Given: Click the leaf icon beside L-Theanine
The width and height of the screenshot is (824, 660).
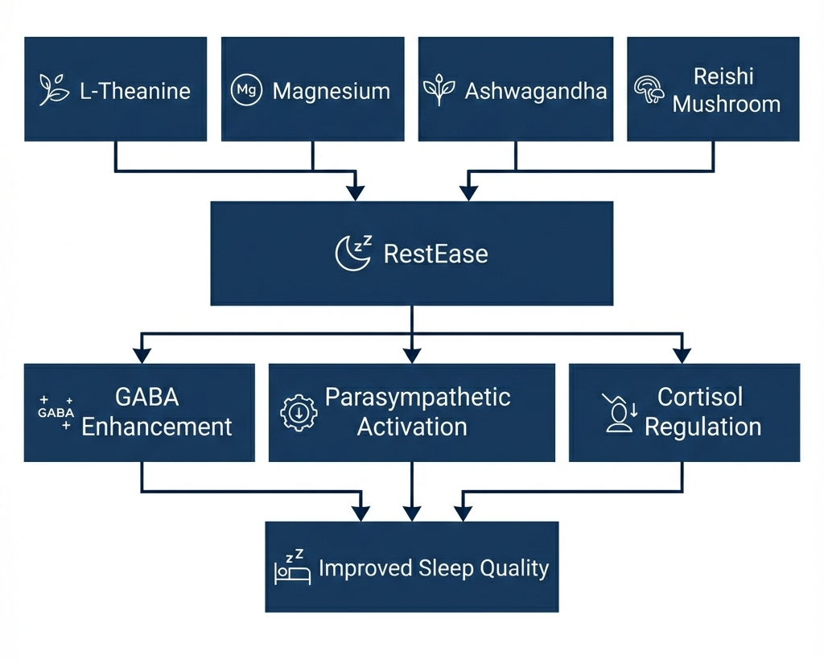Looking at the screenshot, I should click(55, 90).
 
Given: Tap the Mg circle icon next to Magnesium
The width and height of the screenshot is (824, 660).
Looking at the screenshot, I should click(246, 90).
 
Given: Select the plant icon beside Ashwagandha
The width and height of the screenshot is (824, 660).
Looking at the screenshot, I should click(439, 90).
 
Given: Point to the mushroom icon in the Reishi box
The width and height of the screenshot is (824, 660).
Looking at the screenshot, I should click(649, 90).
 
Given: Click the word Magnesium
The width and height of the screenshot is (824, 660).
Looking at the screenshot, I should click(331, 91).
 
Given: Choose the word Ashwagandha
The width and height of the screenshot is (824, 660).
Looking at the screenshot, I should click(535, 91).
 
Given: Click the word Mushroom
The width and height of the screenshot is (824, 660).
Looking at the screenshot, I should click(727, 105).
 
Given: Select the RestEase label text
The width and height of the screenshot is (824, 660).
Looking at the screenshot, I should click(435, 254).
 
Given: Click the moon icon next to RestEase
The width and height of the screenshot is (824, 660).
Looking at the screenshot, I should click(352, 254).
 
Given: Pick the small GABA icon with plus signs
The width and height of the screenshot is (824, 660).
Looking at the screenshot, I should click(56, 412).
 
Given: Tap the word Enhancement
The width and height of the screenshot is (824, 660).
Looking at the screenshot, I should click(157, 427).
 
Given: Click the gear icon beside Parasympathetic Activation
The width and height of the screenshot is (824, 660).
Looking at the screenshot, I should click(299, 412).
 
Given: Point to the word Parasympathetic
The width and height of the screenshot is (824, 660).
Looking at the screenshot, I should click(418, 398).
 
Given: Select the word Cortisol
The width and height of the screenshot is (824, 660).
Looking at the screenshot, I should click(700, 398).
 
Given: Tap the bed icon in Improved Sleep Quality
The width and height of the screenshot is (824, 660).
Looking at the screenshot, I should click(292, 569).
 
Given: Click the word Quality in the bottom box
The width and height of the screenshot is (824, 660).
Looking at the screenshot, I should click(514, 568).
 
